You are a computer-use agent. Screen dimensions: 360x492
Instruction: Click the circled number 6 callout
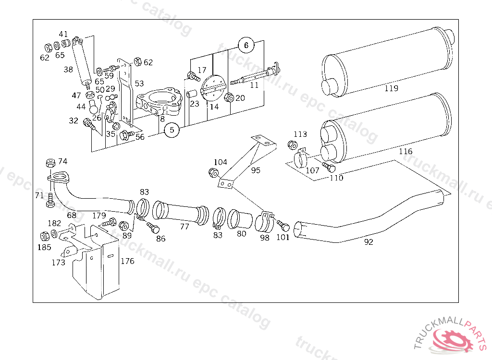click(246, 46)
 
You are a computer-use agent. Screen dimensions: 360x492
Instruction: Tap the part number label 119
click(392, 88)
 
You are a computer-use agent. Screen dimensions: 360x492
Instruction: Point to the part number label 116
click(406, 152)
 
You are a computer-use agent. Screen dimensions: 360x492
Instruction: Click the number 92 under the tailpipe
click(369, 242)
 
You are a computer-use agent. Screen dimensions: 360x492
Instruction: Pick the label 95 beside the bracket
click(256, 170)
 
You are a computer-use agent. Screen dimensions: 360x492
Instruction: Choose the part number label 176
click(127, 261)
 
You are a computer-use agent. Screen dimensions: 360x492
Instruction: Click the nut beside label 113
click(291, 144)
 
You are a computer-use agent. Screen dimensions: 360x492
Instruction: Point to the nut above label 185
click(44, 236)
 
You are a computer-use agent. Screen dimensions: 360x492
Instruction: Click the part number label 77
click(184, 227)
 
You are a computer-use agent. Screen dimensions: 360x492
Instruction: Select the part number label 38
click(68, 70)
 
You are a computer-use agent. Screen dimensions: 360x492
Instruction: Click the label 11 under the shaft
click(254, 85)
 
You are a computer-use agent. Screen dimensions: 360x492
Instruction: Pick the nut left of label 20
click(230, 97)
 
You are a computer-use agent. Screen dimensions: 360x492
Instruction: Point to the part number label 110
click(336, 178)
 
